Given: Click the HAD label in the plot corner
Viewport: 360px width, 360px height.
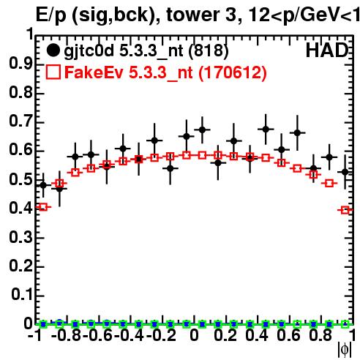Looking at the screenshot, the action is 327,50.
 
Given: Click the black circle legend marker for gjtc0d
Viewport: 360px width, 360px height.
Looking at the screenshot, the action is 53,50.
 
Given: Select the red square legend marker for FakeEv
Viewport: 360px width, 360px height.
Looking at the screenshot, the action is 53,72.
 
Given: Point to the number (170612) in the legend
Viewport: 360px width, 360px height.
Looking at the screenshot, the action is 233,72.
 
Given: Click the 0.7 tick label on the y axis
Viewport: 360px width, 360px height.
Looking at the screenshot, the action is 20,121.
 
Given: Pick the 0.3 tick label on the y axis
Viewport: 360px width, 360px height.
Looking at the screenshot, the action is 20,237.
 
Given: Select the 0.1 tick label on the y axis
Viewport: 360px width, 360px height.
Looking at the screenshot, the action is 21,295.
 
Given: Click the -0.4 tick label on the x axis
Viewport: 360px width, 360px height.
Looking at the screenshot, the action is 129,335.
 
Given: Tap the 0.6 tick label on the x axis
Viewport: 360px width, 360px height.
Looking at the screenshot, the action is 288,335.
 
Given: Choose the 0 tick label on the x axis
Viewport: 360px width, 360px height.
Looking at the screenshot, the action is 194,335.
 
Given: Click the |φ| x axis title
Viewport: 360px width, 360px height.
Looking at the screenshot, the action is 345,350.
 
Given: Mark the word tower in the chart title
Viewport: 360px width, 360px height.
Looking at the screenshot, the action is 198,15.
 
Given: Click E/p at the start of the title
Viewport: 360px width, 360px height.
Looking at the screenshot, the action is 51,16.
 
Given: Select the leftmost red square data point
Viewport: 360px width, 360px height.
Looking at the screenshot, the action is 43,207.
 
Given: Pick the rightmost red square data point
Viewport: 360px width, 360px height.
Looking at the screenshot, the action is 345,210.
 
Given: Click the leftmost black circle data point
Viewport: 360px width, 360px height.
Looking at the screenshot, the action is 43,185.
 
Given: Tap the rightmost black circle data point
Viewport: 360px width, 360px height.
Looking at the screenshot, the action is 345,172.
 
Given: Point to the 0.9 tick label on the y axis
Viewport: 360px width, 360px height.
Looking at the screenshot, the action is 20,64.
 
